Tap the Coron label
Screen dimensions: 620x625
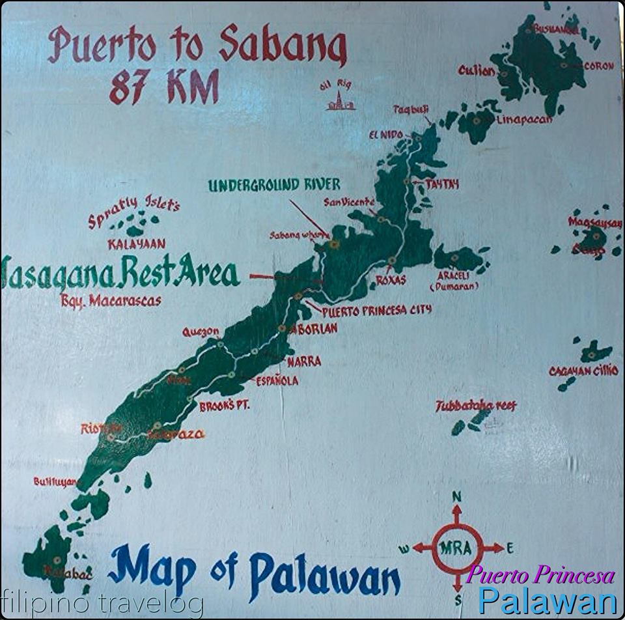(598, 66)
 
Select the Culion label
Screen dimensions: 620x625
(477, 70)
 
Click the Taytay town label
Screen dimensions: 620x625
(442, 184)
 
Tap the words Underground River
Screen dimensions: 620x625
(274, 185)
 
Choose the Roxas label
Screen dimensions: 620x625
(391, 279)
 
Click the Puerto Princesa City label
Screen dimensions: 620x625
(376, 311)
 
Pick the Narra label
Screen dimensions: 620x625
(303, 361)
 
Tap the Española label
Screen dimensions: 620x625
(277, 380)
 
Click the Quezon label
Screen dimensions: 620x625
(201, 332)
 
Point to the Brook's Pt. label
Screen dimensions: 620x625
(225, 406)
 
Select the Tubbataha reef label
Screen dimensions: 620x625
(475, 406)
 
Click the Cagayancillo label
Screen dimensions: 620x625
(583, 371)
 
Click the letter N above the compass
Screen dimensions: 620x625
(456, 497)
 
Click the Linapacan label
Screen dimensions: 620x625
(524, 120)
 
